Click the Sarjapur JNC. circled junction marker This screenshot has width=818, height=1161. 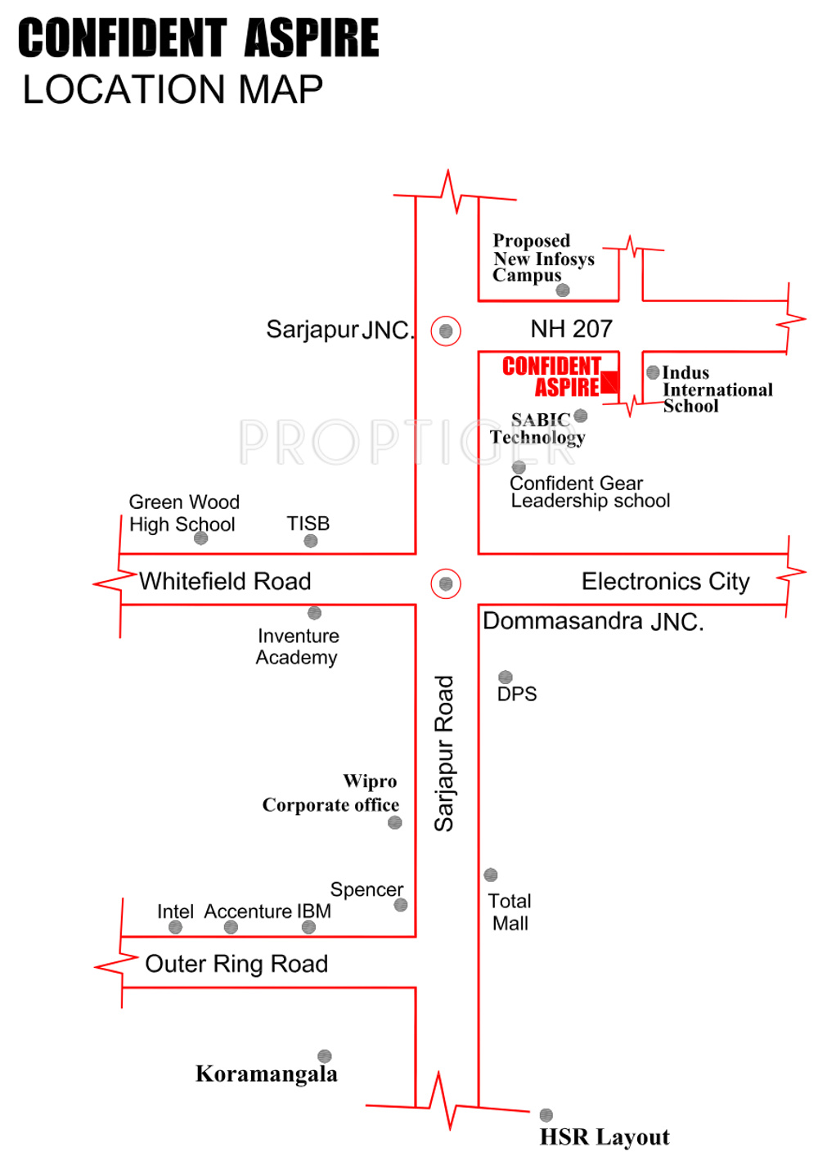(x=446, y=331)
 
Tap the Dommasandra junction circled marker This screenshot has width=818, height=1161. (x=446, y=583)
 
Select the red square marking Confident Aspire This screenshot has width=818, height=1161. (x=609, y=382)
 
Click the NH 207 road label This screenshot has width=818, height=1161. (x=571, y=329)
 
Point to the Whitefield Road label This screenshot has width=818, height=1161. (x=225, y=581)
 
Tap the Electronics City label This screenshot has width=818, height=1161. (x=665, y=582)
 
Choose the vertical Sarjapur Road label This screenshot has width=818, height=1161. (x=444, y=754)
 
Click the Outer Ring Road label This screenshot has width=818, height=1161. (x=236, y=964)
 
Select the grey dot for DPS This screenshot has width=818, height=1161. (x=506, y=677)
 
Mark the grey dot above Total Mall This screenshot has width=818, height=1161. (x=491, y=875)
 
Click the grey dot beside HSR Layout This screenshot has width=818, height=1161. (x=546, y=1115)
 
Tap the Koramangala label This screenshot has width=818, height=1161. (x=267, y=1074)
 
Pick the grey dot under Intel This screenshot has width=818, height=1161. (x=175, y=927)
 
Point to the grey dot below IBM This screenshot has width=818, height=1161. (x=308, y=927)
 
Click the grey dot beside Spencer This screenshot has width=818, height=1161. (x=401, y=905)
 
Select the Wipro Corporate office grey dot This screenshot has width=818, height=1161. (x=395, y=822)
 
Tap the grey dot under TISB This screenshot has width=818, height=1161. (x=311, y=541)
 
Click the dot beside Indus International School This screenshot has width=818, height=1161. (x=653, y=372)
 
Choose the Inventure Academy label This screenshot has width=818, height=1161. (x=297, y=646)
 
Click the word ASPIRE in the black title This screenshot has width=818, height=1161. (x=312, y=38)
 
